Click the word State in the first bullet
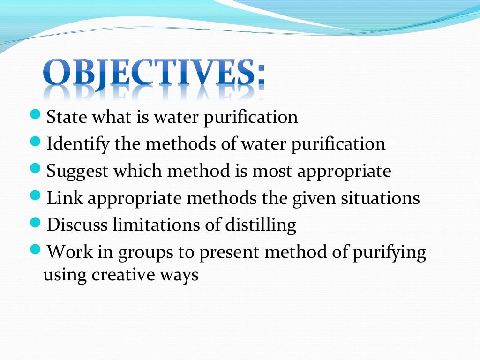tap(65, 117)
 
